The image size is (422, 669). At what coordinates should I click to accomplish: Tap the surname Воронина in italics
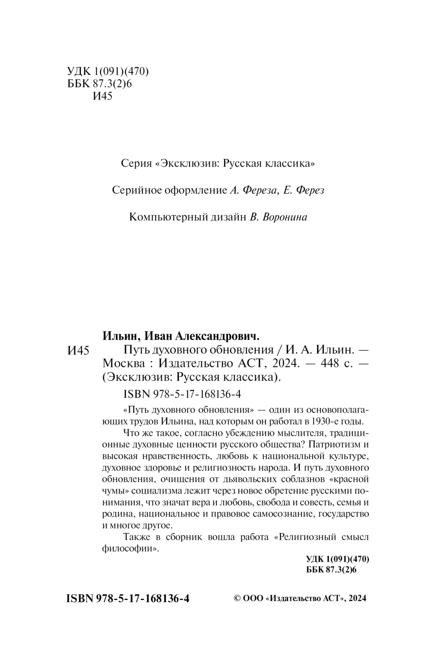coord(285,217)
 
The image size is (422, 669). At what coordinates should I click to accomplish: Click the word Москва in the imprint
coord(124,363)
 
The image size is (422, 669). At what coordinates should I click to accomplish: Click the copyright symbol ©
coord(237,599)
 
